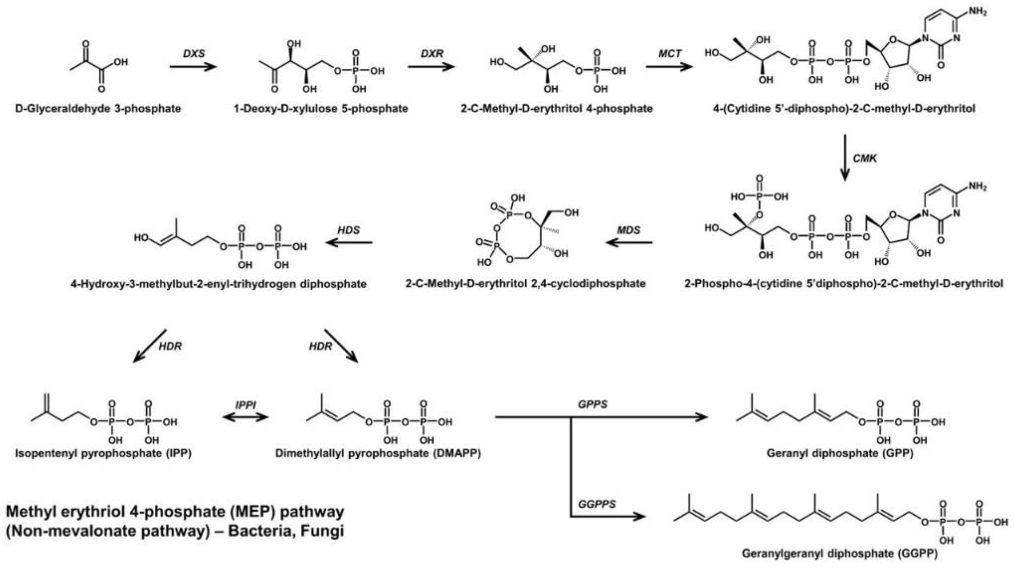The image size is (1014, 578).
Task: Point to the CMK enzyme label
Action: click(865, 158)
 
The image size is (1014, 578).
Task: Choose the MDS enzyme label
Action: click(629, 230)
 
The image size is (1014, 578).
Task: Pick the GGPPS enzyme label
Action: click(597, 504)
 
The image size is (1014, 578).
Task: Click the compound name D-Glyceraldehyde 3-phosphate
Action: click(98, 108)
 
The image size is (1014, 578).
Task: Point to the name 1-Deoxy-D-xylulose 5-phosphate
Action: click(320, 108)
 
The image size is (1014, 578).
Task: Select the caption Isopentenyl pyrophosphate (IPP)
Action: click(103, 453)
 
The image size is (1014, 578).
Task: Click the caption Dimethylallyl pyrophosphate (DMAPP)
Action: click(378, 453)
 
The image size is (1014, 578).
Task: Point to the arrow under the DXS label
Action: click(193, 66)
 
